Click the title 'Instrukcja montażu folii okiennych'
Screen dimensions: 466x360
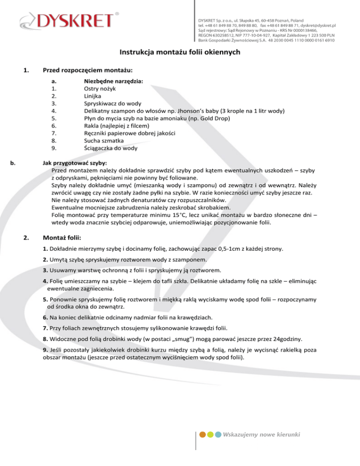pos(180,53)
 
